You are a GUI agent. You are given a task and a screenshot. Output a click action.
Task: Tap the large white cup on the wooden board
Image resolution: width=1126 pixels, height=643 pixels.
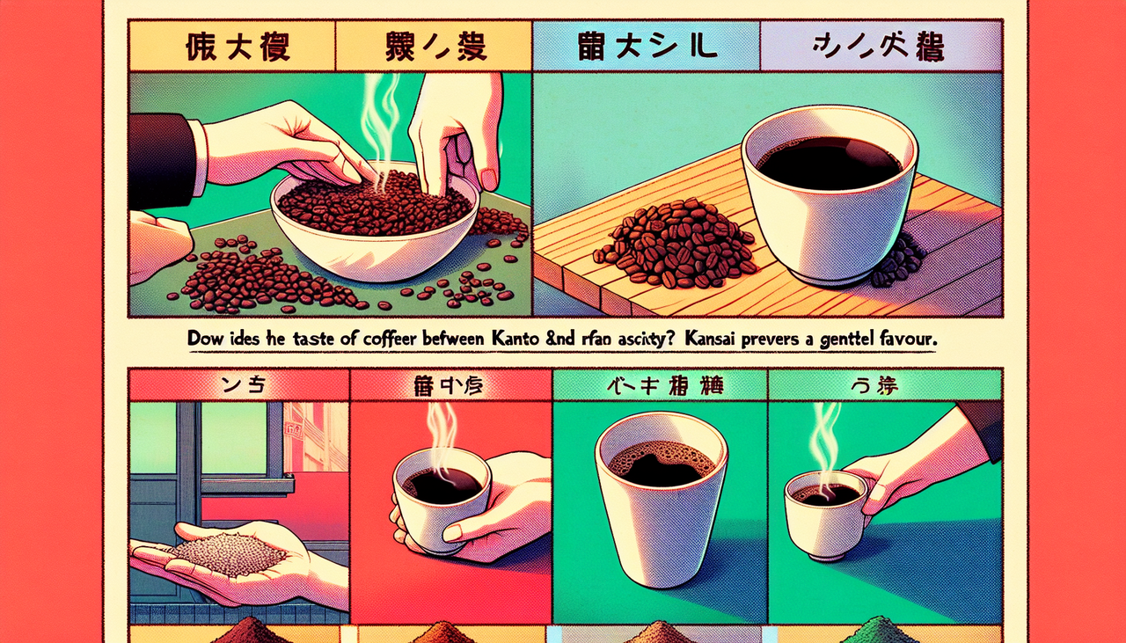830,198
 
